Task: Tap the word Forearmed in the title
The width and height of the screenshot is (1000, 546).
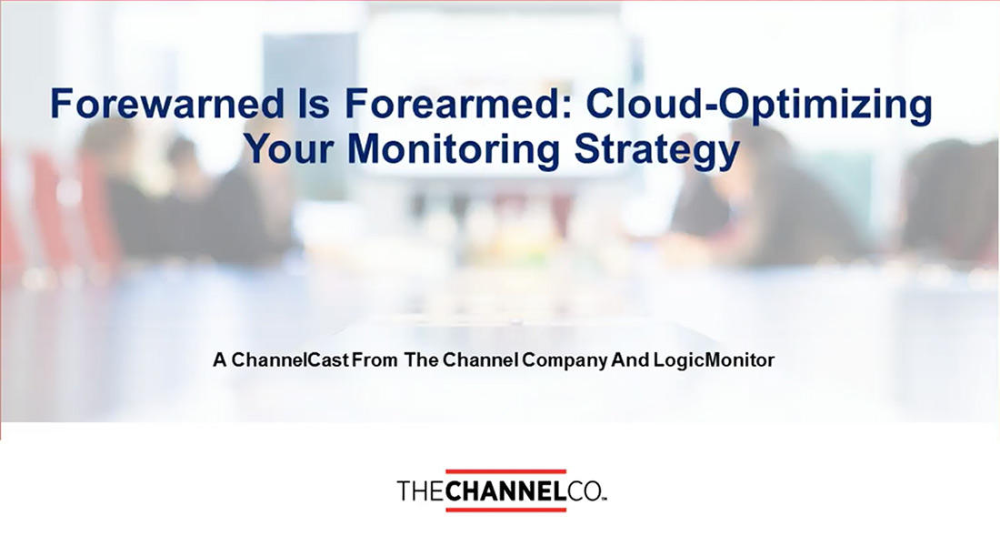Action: pyautogui.click(x=455, y=104)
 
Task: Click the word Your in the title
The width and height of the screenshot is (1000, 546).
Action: pyautogui.click(x=289, y=148)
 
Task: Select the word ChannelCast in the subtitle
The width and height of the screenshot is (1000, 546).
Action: pyautogui.click(x=290, y=360)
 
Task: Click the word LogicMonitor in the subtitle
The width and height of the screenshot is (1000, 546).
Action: pyautogui.click(x=714, y=360)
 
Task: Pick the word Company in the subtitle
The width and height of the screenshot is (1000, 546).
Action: pyautogui.click(x=565, y=361)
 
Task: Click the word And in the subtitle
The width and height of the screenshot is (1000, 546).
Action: pyautogui.click(x=630, y=360)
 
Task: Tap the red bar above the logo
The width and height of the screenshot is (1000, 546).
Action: pyautogui.click(x=505, y=472)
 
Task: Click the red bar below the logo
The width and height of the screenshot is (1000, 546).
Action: pyautogui.click(x=505, y=509)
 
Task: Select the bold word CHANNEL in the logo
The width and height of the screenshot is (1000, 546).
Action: pyautogui.click(x=505, y=491)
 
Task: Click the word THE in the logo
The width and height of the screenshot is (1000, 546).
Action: pyautogui.click(x=421, y=491)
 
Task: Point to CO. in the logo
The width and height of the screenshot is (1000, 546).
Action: pyautogui.click(x=586, y=491)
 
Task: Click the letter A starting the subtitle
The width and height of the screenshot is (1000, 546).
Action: pyautogui.click(x=220, y=360)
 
